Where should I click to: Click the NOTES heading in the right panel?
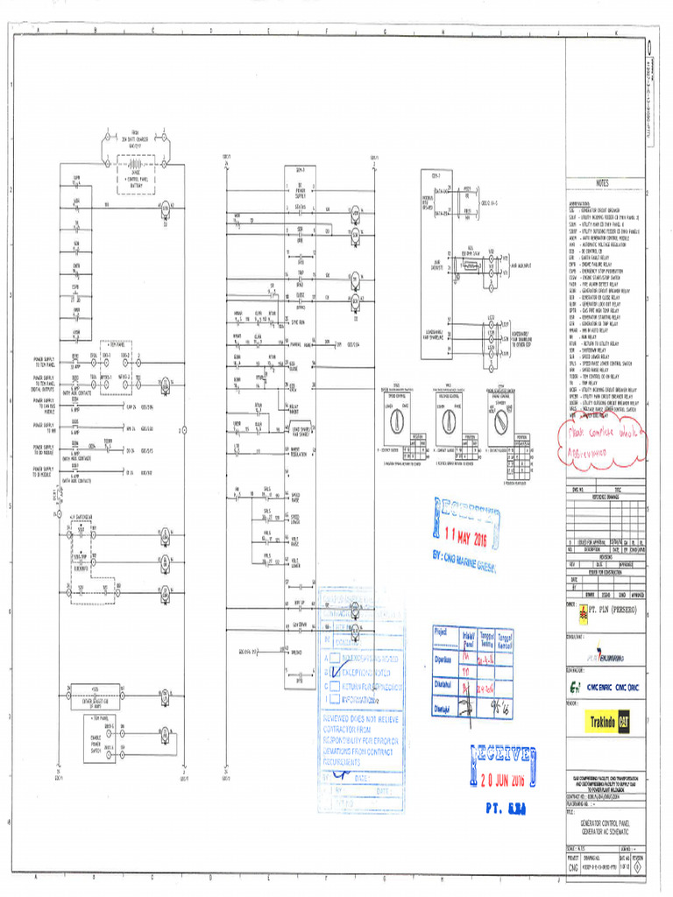[x=604, y=184]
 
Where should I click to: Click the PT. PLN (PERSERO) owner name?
[x=610, y=606]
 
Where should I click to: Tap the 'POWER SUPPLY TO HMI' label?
[x=44, y=427]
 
